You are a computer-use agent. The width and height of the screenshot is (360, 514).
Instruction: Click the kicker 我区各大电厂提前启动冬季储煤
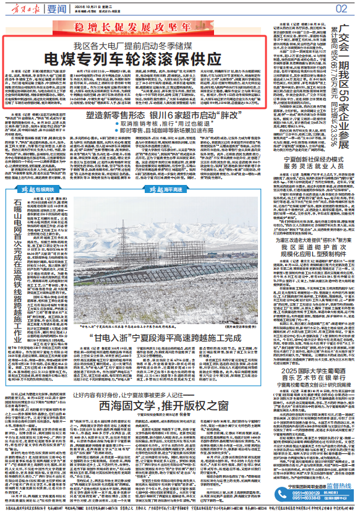(x=136, y=46)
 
